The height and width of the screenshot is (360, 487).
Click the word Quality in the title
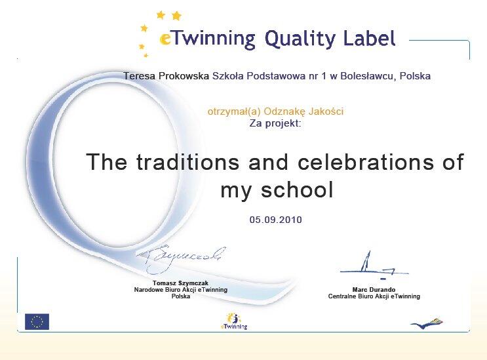coord(300,40)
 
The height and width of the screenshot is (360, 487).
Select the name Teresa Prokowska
coord(166,76)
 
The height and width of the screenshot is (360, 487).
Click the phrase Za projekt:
coord(275,124)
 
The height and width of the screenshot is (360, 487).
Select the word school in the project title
coord(297,190)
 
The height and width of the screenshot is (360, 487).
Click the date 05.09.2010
coord(275,220)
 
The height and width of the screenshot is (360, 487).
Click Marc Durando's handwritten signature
coord(374,266)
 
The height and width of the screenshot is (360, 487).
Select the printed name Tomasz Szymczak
coord(180,283)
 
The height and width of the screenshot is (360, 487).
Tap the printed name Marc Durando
coord(374,290)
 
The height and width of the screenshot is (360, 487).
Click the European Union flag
coord(37,321)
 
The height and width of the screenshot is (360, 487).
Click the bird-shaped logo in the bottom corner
coord(427,323)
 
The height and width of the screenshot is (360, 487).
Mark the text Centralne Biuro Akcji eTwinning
coord(374,296)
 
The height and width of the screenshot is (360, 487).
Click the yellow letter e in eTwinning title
coord(165,40)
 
